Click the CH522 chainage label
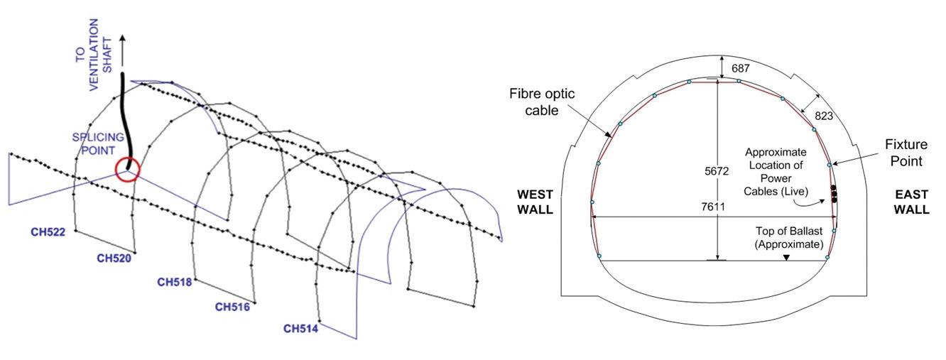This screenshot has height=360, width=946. click(48, 231)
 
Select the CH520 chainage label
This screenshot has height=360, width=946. click(114, 258)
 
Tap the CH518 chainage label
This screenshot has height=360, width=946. click(175, 282)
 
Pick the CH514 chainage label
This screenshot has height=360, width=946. click(300, 328)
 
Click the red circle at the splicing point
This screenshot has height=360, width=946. click(128, 169)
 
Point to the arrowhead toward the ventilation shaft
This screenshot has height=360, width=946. click(124, 40)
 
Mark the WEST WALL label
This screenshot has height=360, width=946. click(535, 202)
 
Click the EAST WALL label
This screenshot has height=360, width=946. click(910, 202)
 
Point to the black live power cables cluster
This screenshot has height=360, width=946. click(834, 194)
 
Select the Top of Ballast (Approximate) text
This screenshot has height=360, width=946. click(789, 238)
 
